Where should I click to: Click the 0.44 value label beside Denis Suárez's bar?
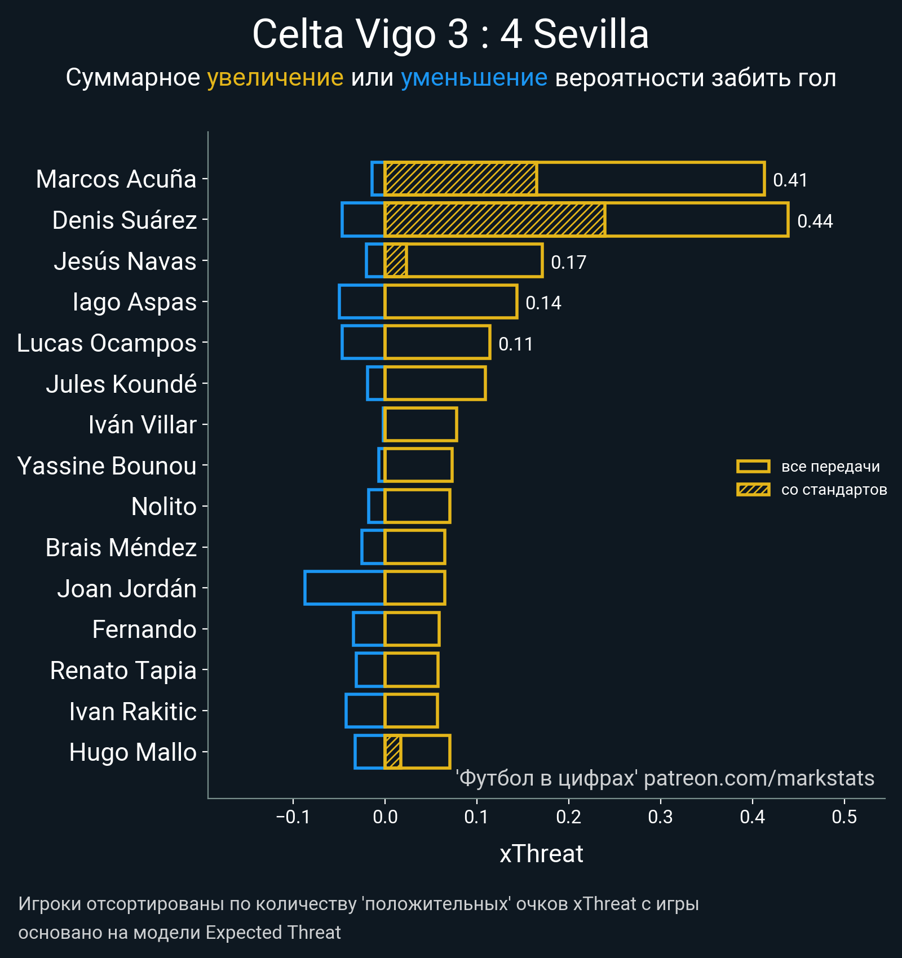[815, 221]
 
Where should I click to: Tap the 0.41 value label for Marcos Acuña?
[790, 180]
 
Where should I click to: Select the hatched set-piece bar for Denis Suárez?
[494, 220]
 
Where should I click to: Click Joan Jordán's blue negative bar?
[344, 588]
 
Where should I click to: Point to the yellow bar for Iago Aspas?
[451, 301]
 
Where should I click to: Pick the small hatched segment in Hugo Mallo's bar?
[392, 752]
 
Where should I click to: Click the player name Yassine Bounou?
[107, 466]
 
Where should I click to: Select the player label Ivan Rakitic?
[132, 711]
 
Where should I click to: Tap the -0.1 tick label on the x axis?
[293, 817]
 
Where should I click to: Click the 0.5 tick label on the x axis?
[844, 817]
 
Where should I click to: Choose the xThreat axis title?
[541, 854]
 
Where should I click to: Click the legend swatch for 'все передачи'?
[753, 466]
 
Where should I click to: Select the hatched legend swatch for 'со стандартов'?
[753, 489]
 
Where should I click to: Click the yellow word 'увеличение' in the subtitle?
[275, 77]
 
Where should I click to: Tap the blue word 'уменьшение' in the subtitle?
[474, 77]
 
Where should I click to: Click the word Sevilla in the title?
[591, 34]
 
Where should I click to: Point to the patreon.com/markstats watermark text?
[759, 778]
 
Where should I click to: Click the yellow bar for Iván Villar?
[421, 424]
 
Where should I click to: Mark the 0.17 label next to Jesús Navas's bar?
[568, 262]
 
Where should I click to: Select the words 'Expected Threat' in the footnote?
[273, 933]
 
